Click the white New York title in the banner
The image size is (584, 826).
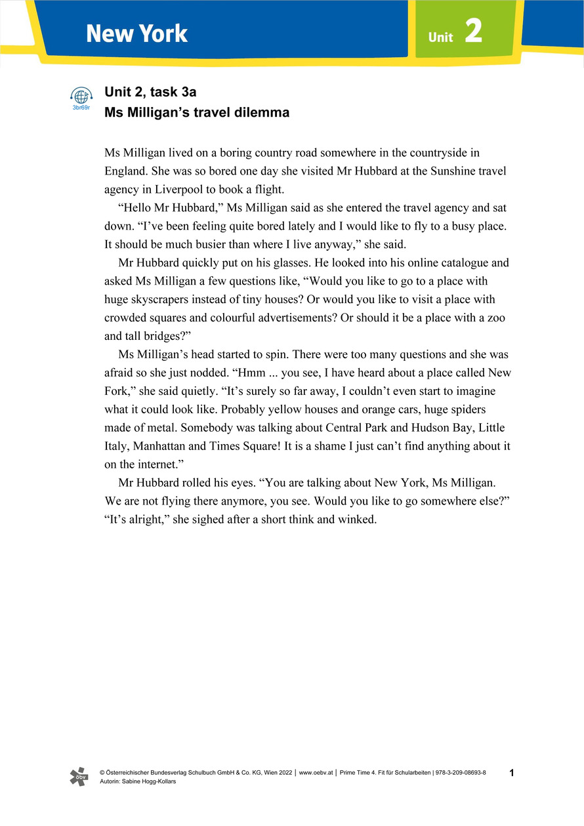coord(136,33)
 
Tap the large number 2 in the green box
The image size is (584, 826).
coord(474,31)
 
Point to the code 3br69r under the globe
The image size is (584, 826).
coord(81,107)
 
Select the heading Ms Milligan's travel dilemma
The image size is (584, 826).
coord(197,112)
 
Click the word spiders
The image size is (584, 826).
coord(486,409)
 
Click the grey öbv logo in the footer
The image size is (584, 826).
coord(78,777)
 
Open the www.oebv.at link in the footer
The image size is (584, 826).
coord(316,774)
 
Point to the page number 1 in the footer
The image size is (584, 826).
coord(512,774)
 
